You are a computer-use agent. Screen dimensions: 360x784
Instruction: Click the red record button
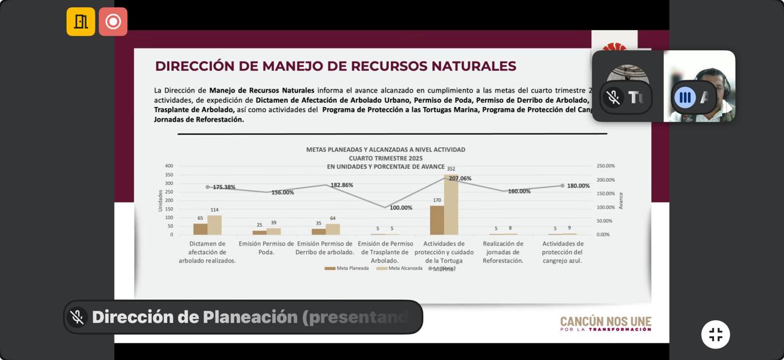[x=113, y=21]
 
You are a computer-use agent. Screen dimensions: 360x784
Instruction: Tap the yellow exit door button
[x=81, y=21]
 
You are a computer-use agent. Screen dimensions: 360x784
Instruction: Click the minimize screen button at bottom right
[x=715, y=334]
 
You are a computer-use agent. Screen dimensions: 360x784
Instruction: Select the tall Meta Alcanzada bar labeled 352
[x=451, y=205]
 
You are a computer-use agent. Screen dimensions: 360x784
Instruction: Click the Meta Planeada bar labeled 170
[x=437, y=220]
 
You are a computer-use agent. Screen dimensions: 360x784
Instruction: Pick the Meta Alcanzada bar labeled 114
[x=214, y=225]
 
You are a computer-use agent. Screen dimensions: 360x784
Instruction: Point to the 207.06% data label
[x=460, y=179]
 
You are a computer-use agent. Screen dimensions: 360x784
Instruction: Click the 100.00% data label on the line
[x=401, y=208]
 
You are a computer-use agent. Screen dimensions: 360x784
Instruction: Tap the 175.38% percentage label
[x=224, y=187]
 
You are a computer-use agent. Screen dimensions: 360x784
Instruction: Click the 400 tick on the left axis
[x=168, y=166]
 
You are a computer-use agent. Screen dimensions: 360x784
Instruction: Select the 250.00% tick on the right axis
[x=605, y=166]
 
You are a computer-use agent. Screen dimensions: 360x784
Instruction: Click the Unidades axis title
[x=160, y=200]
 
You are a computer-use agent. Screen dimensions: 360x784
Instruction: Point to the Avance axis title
[x=620, y=200]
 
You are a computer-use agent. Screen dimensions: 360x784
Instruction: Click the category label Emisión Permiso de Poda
[x=266, y=247]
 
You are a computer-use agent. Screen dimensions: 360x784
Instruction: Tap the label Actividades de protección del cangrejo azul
[x=562, y=252]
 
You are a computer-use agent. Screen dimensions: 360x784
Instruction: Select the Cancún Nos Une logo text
[x=605, y=324]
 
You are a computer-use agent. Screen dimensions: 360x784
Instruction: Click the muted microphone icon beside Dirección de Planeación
[x=77, y=317]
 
